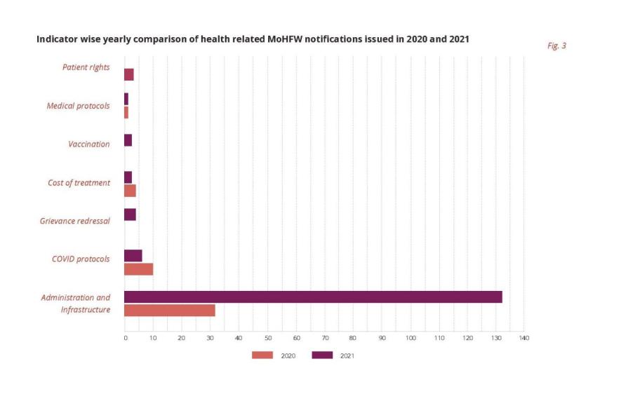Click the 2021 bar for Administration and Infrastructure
coord(313,297)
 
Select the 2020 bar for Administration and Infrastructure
coord(169,311)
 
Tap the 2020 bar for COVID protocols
coord(138,269)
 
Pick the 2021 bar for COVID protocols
coord(133,255)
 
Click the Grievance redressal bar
coord(130,215)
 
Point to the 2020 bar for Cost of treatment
coord(130,191)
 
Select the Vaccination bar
coord(128,140)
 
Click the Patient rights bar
coord(128,74)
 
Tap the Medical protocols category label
coord(78,106)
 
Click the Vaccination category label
coord(88,144)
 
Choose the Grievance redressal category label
coord(74,222)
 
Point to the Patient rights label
coord(85,67)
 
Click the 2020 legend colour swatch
coord(262,355)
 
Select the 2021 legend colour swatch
coord(322,355)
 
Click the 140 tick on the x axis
coord(523,339)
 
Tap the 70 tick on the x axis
coord(325,339)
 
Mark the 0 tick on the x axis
coord(125,339)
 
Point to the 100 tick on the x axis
coord(410,339)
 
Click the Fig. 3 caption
coord(556,46)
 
